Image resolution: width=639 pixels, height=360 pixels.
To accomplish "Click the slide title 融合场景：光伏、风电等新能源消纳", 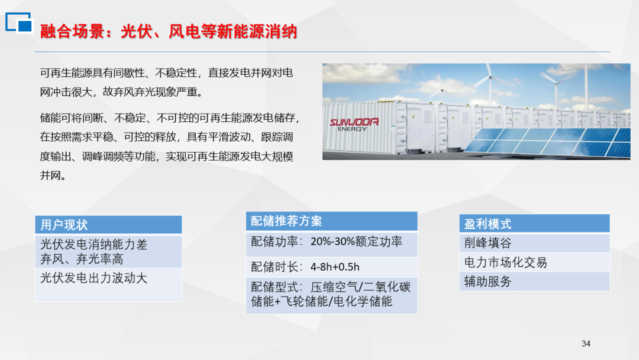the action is (168, 31).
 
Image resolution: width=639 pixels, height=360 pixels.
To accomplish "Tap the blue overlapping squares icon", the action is (19, 22).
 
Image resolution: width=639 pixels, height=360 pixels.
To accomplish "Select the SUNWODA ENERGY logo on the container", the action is (354, 124).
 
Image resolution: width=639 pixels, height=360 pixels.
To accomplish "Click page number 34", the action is (586, 343).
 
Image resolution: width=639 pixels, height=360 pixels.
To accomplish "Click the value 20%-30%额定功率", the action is (356, 242).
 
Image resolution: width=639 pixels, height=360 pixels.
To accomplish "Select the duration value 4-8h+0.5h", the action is (335, 267).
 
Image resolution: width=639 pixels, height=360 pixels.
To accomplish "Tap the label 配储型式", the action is (275, 287).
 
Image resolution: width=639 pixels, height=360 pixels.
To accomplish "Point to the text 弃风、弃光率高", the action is (82, 259).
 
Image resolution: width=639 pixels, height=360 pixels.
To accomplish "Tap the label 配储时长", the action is (275, 267).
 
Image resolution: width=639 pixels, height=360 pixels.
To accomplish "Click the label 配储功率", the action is (275, 242).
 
